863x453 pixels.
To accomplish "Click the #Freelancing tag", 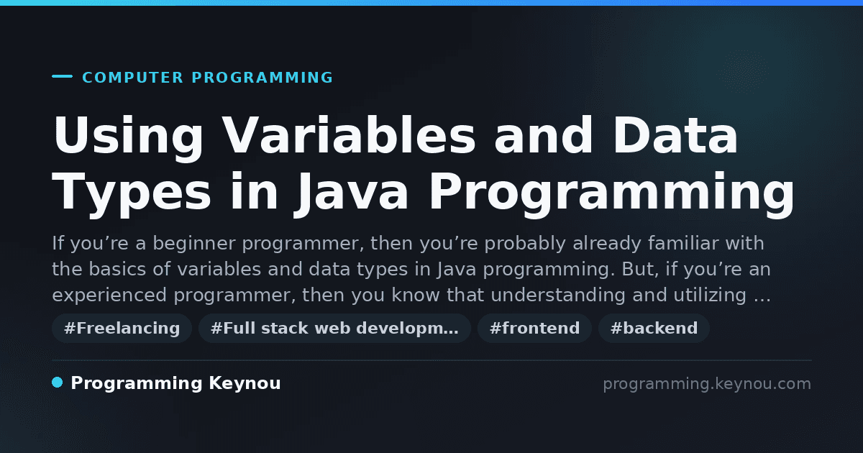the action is (122, 328).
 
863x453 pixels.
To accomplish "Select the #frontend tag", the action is (534, 328).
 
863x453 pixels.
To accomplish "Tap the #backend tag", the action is (654, 328).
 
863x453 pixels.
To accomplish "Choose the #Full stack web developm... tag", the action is (334, 328).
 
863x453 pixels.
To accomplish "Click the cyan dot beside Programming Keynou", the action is (58, 383).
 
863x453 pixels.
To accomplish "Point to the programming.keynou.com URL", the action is (707, 384).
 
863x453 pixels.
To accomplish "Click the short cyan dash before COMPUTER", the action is (62, 76).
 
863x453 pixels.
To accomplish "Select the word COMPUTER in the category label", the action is (132, 78).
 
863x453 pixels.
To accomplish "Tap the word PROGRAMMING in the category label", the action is (262, 78).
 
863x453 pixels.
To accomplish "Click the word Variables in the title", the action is (349, 136).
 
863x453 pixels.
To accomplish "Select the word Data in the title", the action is (675, 136).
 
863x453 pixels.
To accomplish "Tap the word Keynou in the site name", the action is (245, 383).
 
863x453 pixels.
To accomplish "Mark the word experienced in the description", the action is (109, 296).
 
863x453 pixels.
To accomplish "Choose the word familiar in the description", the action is (683, 243).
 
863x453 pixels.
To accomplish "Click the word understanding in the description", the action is (558, 296).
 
